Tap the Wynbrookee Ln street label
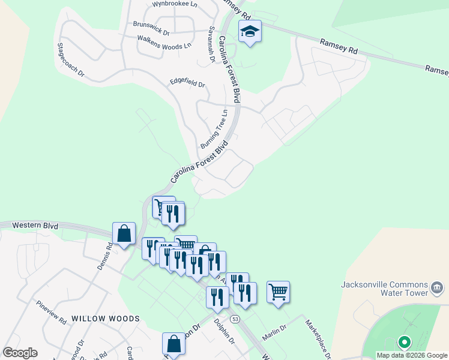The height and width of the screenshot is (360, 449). (174, 4)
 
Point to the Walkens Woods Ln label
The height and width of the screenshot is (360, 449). (164, 42)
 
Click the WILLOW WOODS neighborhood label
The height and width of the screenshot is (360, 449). (105, 319)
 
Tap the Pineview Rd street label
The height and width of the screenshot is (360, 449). (50, 313)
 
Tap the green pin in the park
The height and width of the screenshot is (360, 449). (404, 343)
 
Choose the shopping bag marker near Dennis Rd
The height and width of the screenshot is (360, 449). (124, 233)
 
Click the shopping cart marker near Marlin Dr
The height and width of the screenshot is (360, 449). (278, 292)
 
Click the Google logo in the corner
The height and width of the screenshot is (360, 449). (20, 353)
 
